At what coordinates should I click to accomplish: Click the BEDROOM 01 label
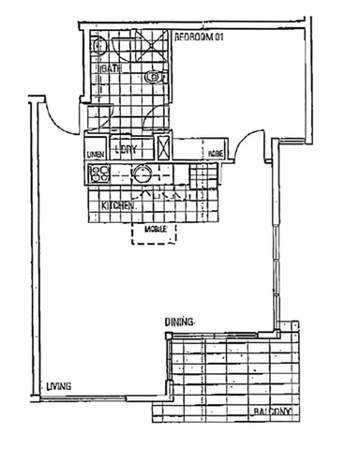click(x=201, y=37)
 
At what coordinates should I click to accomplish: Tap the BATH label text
click(x=112, y=70)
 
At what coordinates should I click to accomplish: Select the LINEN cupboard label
click(x=95, y=154)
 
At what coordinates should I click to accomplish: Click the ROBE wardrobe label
click(x=215, y=153)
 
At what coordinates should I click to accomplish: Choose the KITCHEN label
click(x=120, y=204)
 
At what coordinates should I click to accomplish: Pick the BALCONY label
click(x=272, y=412)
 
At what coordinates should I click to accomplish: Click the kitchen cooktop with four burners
click(x=99, y=172)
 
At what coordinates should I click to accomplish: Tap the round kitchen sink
click(x=142, y=172)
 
